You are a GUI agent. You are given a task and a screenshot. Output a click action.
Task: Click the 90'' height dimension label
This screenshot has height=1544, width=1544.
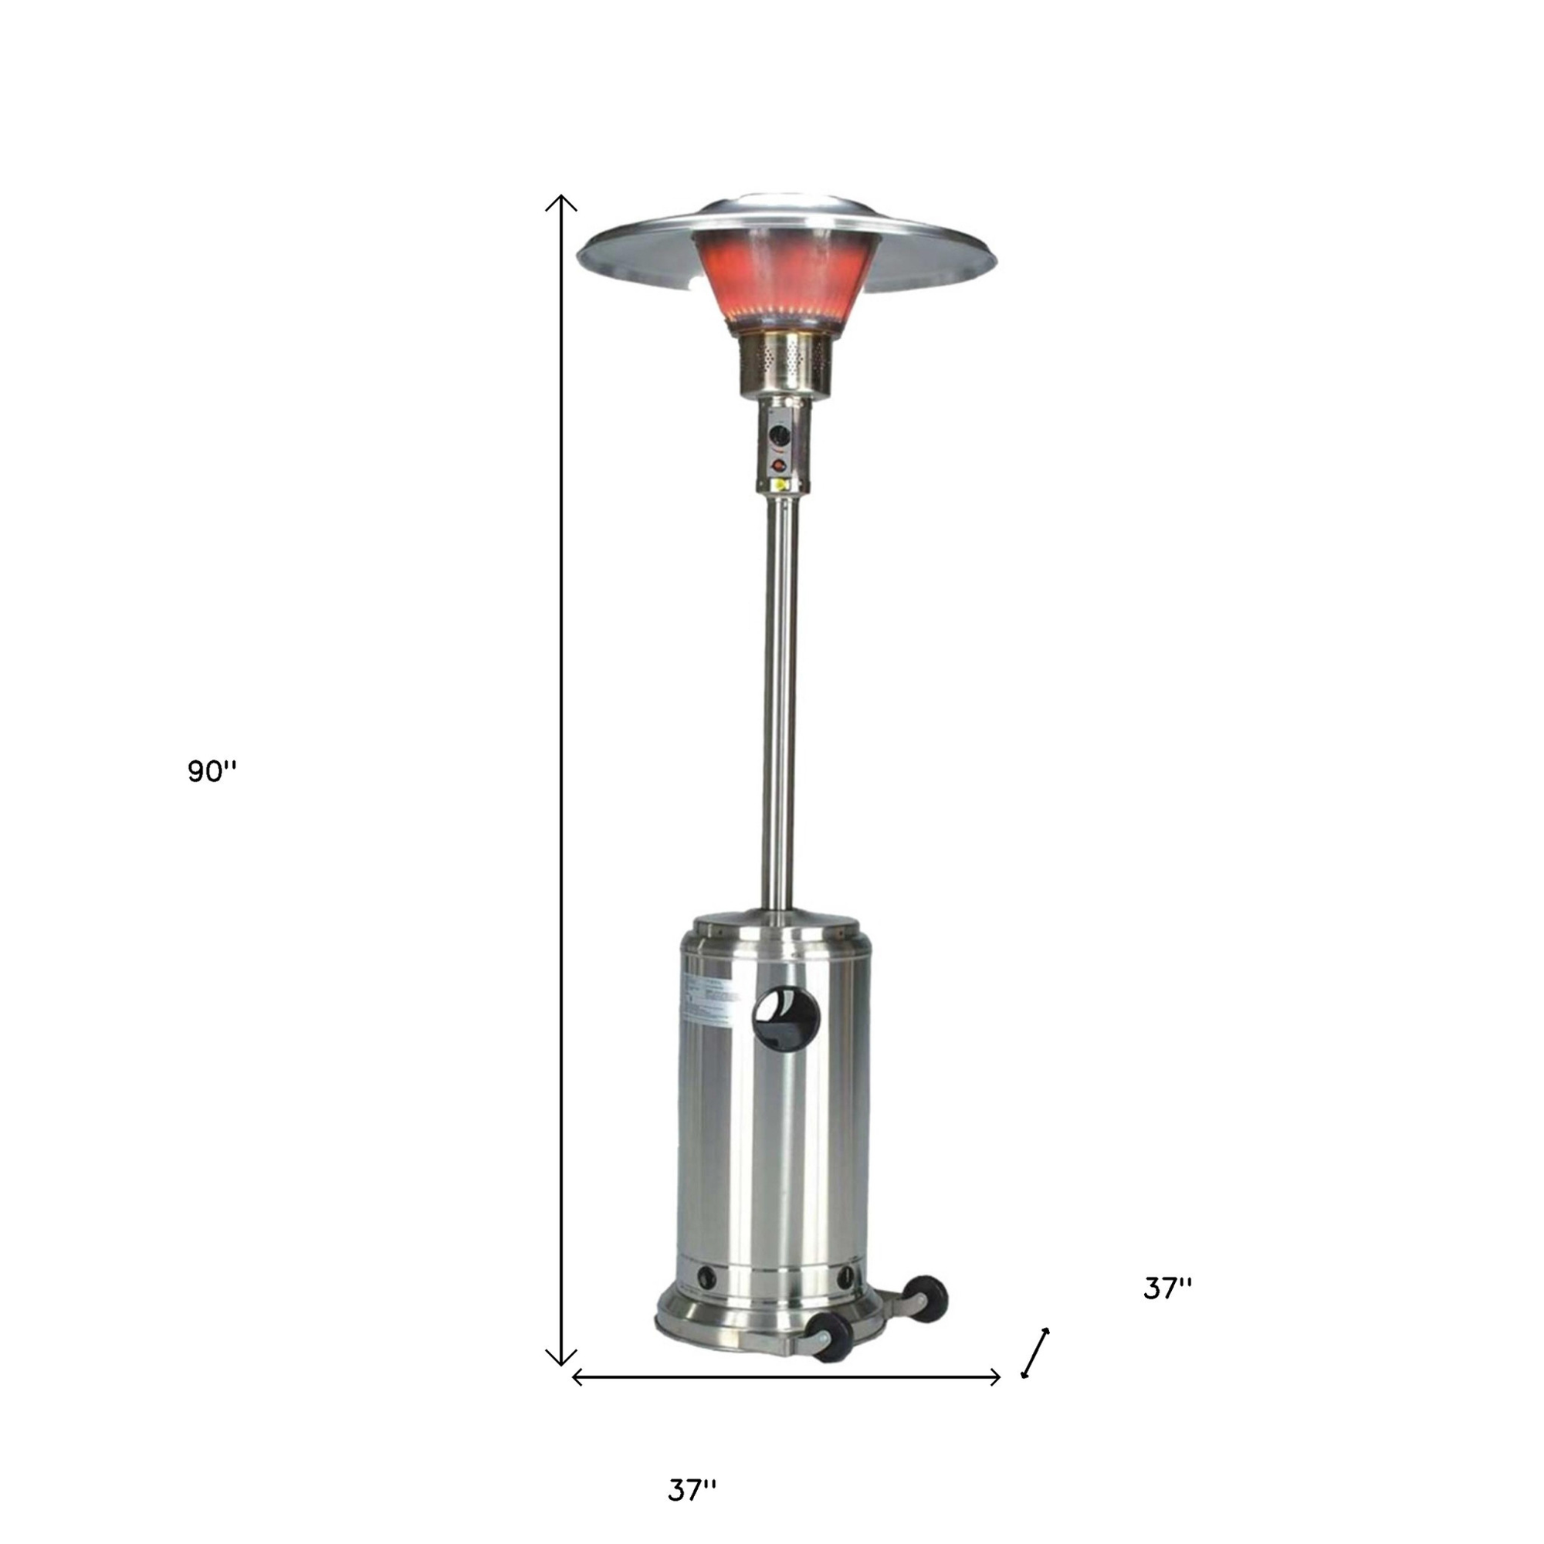pos(212,771)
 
